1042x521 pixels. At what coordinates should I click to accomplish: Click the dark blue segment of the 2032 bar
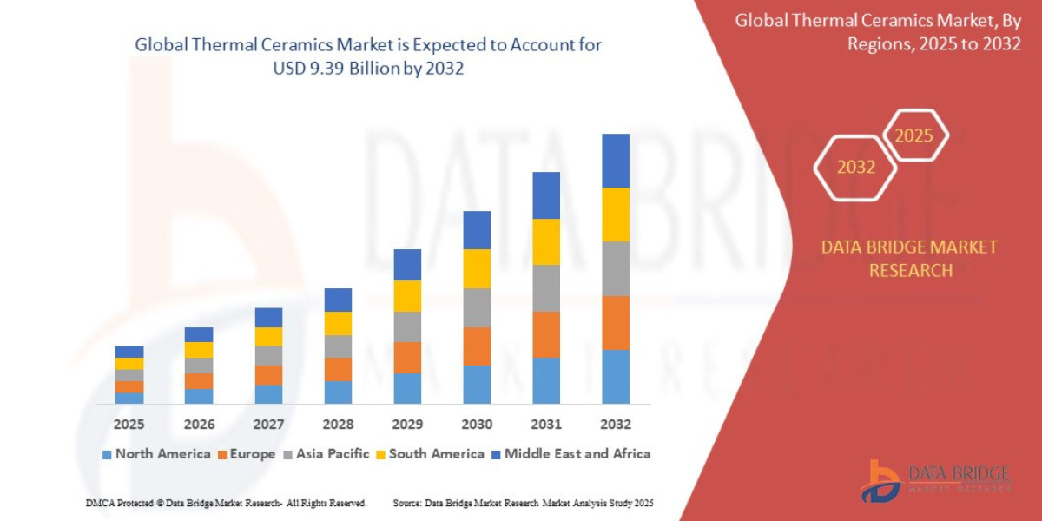(x=615, y=161)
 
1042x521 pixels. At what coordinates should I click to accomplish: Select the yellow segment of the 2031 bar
(x=546, y=241)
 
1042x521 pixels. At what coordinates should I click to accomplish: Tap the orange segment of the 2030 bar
(x=477, y=346)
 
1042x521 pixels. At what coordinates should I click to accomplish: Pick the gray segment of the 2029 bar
(x=407, y=326)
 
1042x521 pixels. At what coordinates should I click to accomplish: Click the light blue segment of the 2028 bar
(x=338, y=392)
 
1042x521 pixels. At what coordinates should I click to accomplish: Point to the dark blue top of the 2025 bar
(x=129, y=352)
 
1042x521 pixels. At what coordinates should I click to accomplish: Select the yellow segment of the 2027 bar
(x=268, y=336)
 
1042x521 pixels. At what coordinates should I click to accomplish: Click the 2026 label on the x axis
(x=199, y=425)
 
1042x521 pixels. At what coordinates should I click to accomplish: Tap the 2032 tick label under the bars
(x=615, y=425)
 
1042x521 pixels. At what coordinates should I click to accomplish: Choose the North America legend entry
(x=156, y=453)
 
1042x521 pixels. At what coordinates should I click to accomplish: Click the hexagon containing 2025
(x=914, y=135)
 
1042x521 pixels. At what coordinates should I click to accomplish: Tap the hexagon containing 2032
(x=855, y=167)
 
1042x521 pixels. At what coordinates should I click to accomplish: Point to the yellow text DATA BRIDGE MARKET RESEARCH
(x=909, y=259)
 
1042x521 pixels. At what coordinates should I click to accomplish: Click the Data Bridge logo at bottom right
(x=936, y=480)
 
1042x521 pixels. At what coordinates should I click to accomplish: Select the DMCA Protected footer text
(x=226, y=503)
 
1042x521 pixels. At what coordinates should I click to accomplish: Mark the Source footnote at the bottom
(x=523, y=503)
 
